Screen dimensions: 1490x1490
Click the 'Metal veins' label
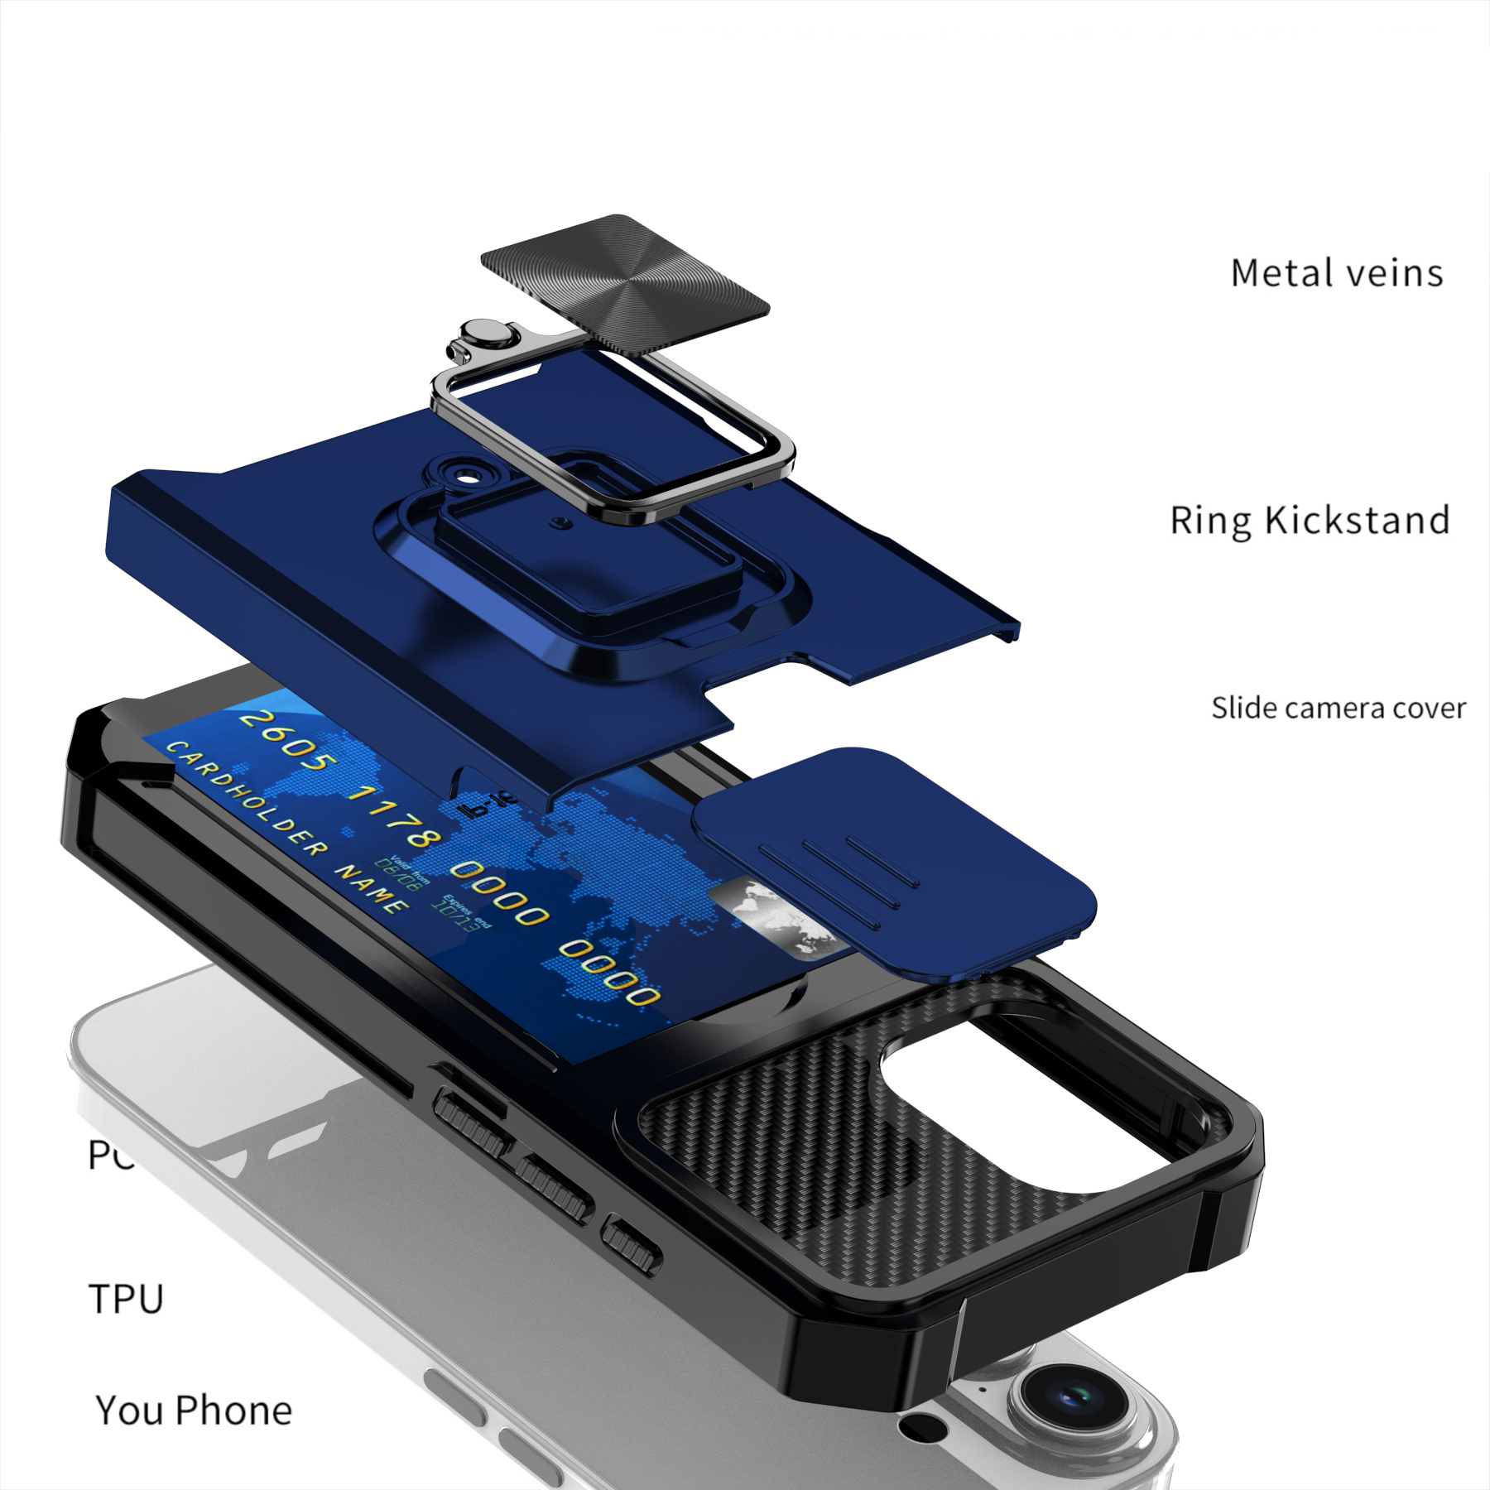coord(1336,273)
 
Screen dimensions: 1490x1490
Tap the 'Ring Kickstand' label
coord(1310,521)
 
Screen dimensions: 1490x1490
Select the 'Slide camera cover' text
coord(1338,709)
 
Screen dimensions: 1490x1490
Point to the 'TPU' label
coord(126,1299)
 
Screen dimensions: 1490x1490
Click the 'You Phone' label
coord(194,1411)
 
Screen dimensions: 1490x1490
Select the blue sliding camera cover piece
coord(894,861)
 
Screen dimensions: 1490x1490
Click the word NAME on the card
coord(372,886)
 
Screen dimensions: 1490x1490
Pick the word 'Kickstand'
coord(1358,521)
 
